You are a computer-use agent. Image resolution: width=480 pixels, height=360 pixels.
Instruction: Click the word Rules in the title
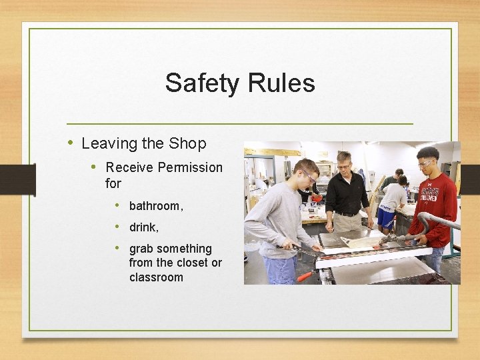[x=279, y=83]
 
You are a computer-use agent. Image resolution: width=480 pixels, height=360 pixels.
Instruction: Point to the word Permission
[x=191, y=167]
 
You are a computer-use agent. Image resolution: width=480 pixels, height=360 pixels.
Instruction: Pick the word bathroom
[x=155, y=206]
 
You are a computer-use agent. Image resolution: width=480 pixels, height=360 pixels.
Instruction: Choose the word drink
[x=143, y=227]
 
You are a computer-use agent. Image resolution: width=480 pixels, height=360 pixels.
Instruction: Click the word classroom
[x=156, y=277]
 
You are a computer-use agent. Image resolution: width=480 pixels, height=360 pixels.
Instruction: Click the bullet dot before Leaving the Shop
[x=71, y=143]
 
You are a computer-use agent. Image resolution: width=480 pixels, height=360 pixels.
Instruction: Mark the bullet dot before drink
[x=117, y=226]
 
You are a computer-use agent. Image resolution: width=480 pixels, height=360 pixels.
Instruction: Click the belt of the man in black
[x=347, y=214]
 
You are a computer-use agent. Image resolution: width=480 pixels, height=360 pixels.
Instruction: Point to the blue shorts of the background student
[x=385, y=217]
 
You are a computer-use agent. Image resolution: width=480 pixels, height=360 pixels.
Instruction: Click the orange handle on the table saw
[x=305, y=275]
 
